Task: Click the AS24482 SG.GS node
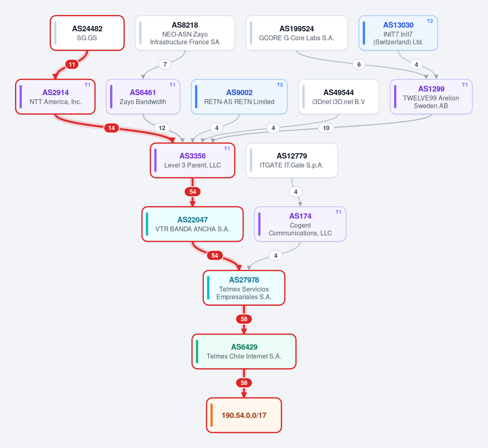click(x=87, y=33)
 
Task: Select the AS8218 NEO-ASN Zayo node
click(x=185, y=33)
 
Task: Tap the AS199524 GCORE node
click(x=296, y=33)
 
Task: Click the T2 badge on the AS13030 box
click(x=430, y=21)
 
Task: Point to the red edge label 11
click(x=72, y=65)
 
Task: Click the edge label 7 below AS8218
click(x=165, y=65)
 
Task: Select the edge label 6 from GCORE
click(x=359, y=65)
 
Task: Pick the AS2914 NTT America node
click(x=55, y=97)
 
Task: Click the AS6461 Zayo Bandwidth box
click(x=143, y=97)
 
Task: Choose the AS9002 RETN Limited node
click(x=239, y=97)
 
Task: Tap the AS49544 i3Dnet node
click(x=339, y=97)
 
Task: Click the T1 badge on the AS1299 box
click(x=465, y=85)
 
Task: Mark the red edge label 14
click(x=111, y=128)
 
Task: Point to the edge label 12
click(x=162, y=128)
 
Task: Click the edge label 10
click(x=326, y=128)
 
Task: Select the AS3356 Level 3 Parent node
click(x=192, y=160)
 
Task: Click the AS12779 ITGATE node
click(x=292, y=160)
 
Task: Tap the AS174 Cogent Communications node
click(x=300, y=224)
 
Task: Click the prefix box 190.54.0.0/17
click(x=244, y=415)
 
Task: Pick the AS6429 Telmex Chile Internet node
click(x=244, y=351)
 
